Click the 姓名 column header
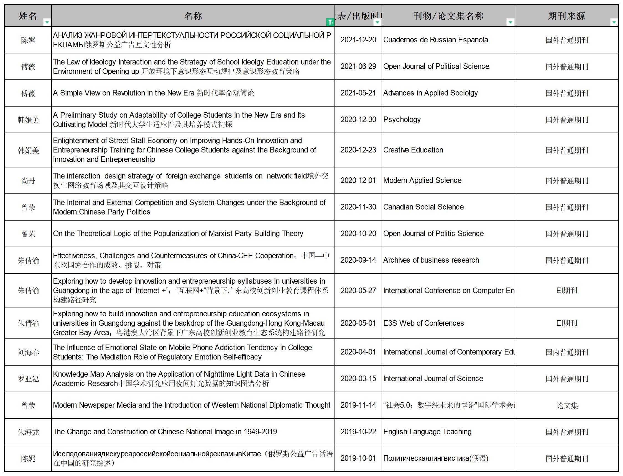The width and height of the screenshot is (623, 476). (28, 16)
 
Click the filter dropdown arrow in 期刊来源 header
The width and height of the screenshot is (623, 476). (614, 22)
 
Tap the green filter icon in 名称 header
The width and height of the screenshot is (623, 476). (330, 22)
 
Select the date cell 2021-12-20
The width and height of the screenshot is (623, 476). (358, 40)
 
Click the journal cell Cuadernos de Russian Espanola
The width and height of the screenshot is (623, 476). (435, 40)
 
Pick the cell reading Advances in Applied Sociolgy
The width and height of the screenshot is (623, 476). (430, 93)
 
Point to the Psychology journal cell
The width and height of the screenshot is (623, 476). (402, 120)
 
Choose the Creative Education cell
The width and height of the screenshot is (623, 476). (413, 150)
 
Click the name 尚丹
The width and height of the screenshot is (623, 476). (28, 181)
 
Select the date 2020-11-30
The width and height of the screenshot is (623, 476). (358, 207)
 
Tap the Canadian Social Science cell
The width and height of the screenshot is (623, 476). (423, 207)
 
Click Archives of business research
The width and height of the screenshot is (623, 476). (431, 260)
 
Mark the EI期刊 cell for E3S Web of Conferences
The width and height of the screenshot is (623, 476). (566, 323)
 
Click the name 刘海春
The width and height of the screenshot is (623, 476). (28, 352)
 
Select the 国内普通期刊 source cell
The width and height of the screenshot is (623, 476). (566, 352)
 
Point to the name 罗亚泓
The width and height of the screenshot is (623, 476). (28, 379)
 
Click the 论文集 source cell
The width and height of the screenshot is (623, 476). (566, 405)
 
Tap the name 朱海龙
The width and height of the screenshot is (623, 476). (28, 432)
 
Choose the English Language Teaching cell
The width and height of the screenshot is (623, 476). (427, 432)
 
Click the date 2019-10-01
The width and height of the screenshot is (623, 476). (358, 459)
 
